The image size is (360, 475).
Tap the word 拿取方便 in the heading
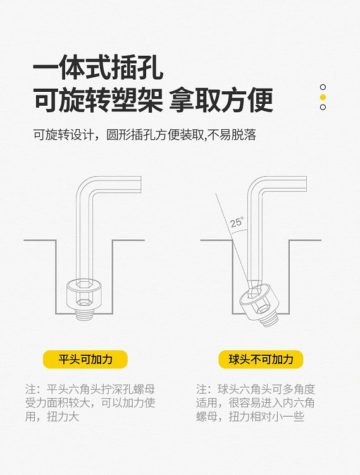pyautogui.click(x=221, y=100)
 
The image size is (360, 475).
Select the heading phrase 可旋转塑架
pyautogui.click(x=98, y=100)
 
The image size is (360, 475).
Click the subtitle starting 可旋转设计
pyautogui.click(x=145, y=135)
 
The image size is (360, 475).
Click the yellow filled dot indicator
pyautogui.click(x=323, y=98)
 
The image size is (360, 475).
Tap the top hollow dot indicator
pyautogui.click(x=323, y=87)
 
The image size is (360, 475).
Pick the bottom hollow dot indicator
pyautogui.click(x=323, y=107)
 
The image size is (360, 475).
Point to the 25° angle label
pyautogui.click(x=237, y=222)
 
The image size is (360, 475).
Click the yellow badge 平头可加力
pyautogui.click(x=85, y=360)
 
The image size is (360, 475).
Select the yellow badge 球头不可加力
pyautogui.click(x=261, y=360)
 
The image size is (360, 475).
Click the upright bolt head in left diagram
pyautogui.click(x=84, y=293)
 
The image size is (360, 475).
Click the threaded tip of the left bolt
pyautogui.click(x=84, y=314)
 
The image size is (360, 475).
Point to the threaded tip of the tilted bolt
pyautogui.click(x=271, y=320)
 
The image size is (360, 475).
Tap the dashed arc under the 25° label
pyautogui.click(x=239, y=231)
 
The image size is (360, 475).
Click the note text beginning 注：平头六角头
pyautogui.click(x=90, y=403)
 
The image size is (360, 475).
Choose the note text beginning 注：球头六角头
pyautogui.click(x=255, y=403)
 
